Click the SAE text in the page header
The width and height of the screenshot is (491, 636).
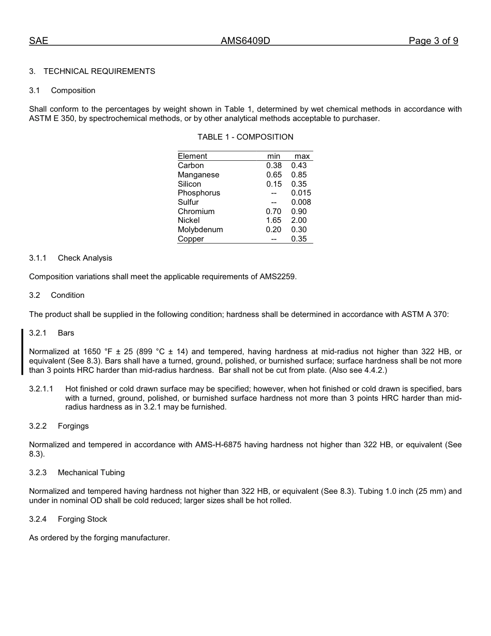38,41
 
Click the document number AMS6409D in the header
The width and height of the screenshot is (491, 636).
245,41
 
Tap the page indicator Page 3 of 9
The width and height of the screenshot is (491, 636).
433,41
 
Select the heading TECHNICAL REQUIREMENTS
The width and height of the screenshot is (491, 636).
99,71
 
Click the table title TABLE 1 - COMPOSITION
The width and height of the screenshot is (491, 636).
245,137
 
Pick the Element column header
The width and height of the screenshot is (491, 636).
192,156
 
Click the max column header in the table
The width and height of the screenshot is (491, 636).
302,156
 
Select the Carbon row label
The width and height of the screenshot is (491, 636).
191,165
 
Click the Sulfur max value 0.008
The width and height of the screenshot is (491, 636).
301,202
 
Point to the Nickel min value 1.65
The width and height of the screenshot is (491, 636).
273,220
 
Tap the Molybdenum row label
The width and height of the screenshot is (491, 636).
200,230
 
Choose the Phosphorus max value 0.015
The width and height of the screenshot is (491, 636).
301,193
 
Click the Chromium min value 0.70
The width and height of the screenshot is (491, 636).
273,211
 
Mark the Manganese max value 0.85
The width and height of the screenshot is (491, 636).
299,175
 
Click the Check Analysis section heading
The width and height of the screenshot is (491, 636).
85,258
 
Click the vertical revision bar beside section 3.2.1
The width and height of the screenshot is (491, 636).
22,352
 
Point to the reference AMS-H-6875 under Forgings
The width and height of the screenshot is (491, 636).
218,445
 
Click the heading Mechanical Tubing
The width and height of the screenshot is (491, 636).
91,473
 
